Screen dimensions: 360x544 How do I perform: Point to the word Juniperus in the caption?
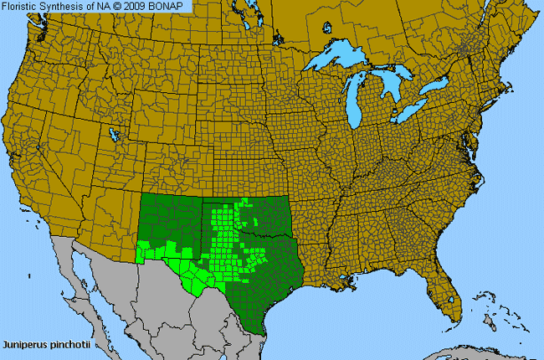tap(24, 343)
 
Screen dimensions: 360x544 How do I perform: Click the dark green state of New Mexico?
tap(167, 218)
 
